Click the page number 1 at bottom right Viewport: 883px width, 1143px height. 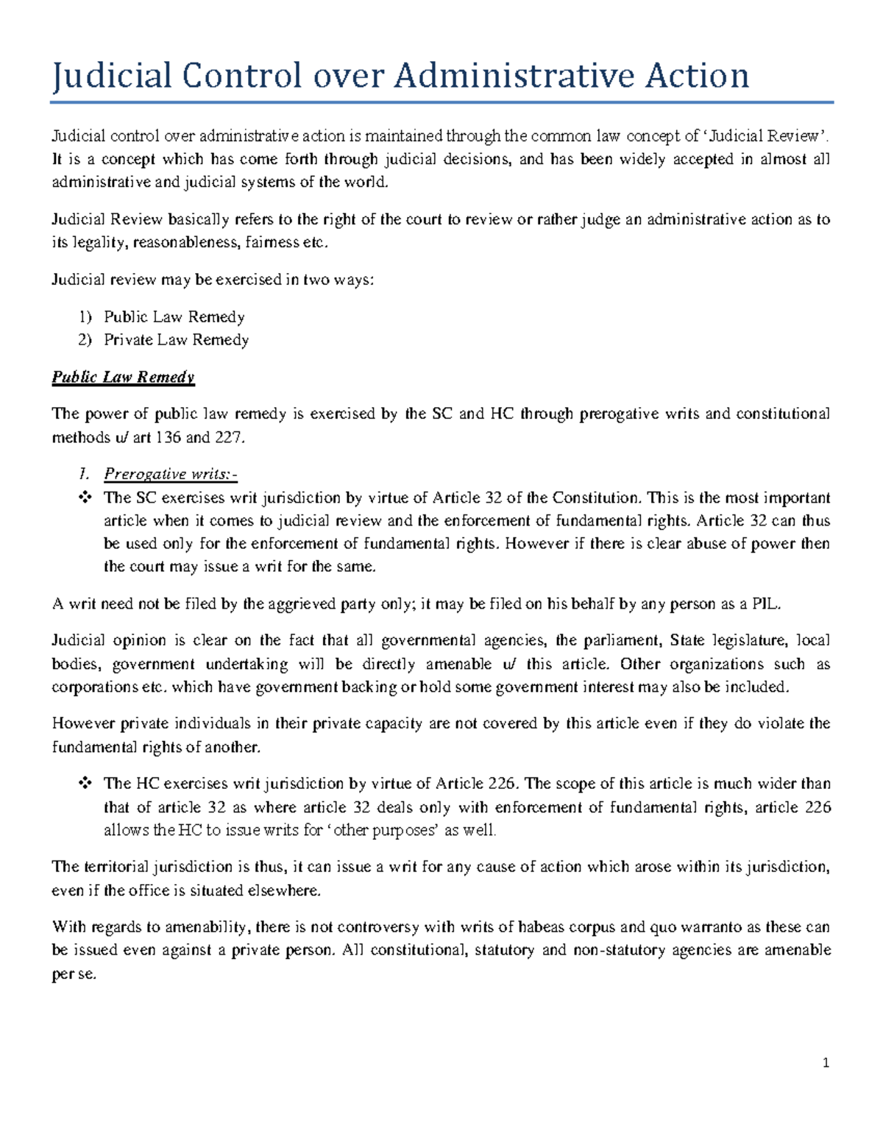click(826, 1063)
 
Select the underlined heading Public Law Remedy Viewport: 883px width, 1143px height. click(123, 377)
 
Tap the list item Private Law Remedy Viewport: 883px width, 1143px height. click(176, 340)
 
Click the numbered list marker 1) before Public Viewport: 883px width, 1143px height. click(85, 317)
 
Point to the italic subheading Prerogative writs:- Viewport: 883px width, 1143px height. click(171, 474)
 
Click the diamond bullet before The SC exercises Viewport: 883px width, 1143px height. click(85, 498)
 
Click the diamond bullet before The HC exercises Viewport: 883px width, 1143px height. click(85, 783)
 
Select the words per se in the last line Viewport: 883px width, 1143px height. click(74, 974)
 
